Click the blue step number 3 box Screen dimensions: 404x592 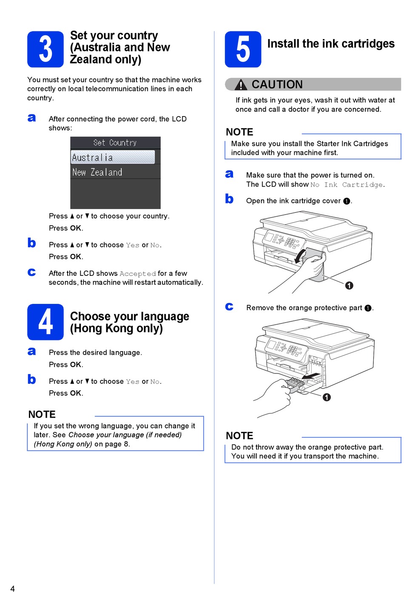pos(46,49)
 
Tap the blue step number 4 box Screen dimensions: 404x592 pos(46,322)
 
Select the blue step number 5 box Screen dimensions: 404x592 pos(243,49)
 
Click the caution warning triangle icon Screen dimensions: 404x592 pos(241,85)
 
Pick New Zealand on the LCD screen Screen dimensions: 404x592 pos(97,173)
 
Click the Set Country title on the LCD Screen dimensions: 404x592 pos(115,143)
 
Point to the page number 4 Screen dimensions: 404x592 pos(12,588)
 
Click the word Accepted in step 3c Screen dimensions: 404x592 pos(138,274)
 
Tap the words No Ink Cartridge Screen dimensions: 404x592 pos(347,185)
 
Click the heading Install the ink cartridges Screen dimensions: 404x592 pos(331,44)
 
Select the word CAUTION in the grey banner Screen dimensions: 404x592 pos(277,85)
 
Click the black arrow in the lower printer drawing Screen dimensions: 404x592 pos(312,376)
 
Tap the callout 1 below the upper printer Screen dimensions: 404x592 pos(349,286)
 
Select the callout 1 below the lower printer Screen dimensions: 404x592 pos(327,397)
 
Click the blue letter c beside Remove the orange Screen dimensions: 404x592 pos(229,307)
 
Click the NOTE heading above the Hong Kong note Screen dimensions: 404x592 pos(42,414)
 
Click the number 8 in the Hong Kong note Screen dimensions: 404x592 pos(127,444)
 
